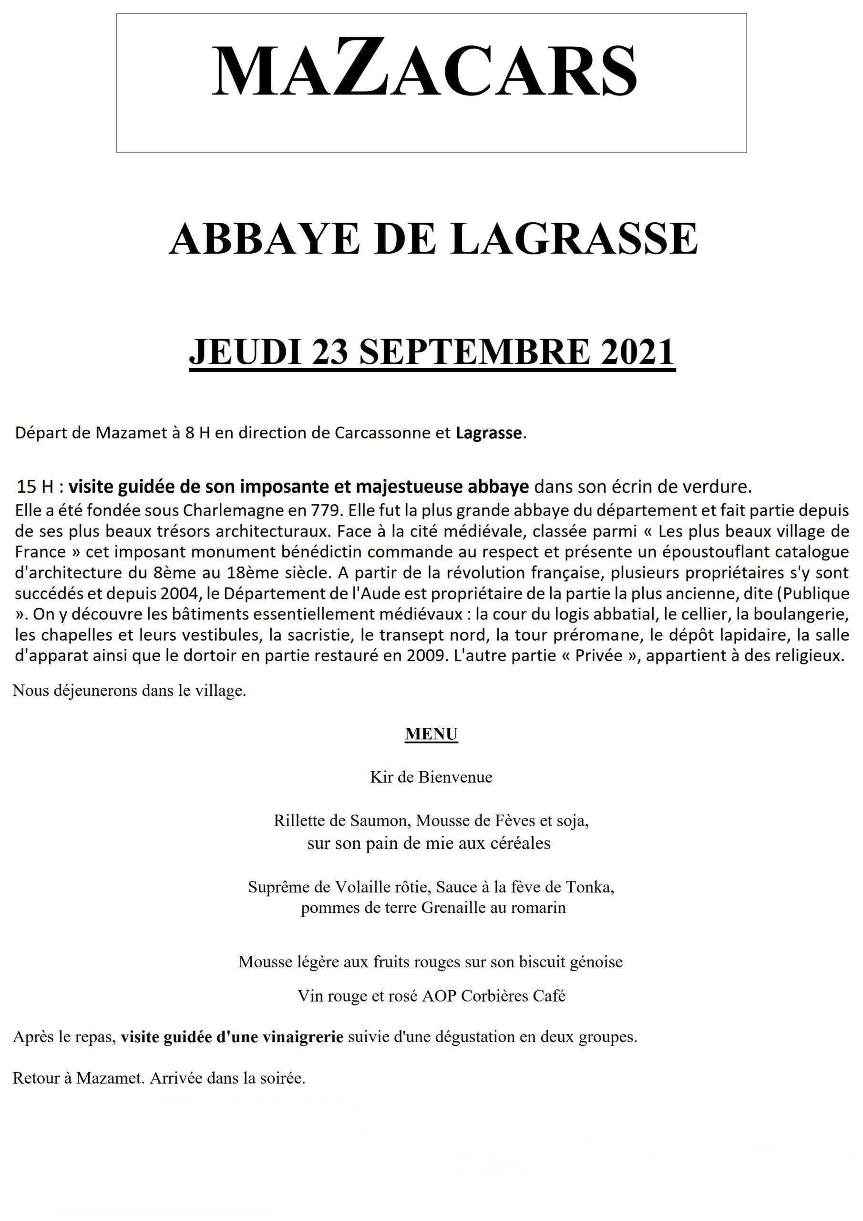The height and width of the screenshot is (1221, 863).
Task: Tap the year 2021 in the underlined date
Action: (637, 352)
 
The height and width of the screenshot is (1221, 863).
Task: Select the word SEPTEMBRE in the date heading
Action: (475, 352)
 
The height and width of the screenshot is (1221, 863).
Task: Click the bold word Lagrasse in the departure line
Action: (489, 433)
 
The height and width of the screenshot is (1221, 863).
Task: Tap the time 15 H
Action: (35, 486)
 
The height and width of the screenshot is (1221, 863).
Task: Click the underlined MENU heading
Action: (431, 734)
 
